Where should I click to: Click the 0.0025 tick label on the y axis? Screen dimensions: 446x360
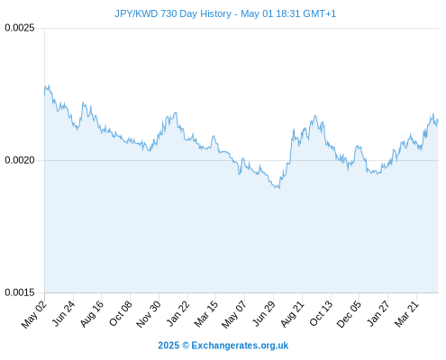pos(20,28)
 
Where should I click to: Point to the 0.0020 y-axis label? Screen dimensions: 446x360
pos(20,160)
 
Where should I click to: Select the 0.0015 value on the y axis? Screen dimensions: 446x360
pos(20,292)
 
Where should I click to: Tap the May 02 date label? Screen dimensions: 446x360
pos(34,314)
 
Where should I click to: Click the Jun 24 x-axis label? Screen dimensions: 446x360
pos(63,313)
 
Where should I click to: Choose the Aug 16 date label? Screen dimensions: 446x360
pos(92,313)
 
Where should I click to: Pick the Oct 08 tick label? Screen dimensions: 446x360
pos(121,313)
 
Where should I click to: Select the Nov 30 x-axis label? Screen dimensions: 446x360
pos(149,314)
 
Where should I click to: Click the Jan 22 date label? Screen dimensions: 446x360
pos(178,313)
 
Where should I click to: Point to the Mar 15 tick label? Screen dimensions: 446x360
pos(206,314)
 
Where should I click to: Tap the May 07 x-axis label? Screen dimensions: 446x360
pos(234,314)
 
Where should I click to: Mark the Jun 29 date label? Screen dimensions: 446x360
pos(264,313)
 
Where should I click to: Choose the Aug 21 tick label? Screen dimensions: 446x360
pos(293,313)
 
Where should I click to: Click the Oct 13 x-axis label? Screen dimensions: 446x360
pos(321,313)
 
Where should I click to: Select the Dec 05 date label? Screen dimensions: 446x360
pos(349,314)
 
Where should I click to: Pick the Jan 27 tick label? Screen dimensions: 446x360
pos(378,313)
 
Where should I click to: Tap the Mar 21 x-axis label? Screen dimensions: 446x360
pos(406,313)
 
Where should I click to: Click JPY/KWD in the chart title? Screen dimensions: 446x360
pos(136,13)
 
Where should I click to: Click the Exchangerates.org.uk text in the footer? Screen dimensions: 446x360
pos(240,346)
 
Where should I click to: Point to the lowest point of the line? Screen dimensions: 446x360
pos(279,188)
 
